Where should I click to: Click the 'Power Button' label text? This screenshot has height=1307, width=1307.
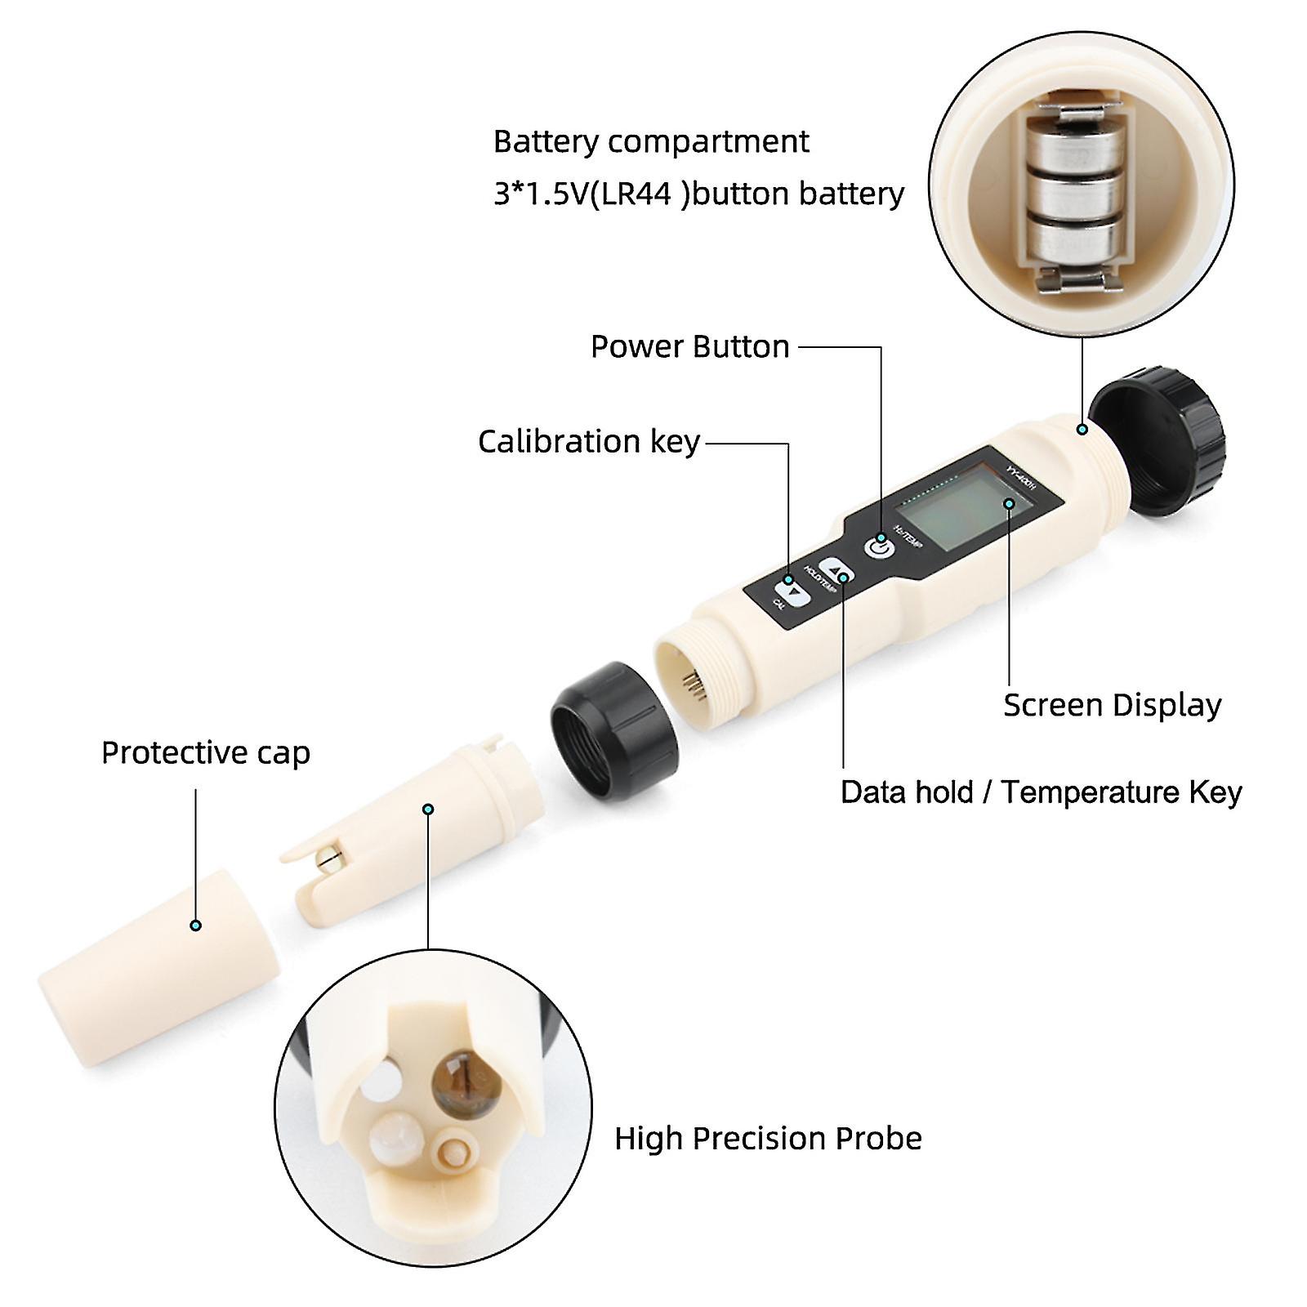689,347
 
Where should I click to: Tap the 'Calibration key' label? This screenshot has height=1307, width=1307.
588,442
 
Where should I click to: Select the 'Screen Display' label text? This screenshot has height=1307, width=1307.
1112,705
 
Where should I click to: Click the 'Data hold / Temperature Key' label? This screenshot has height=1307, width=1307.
1041,792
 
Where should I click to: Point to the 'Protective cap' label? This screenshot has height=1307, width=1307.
205,752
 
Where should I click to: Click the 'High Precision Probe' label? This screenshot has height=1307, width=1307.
768,1138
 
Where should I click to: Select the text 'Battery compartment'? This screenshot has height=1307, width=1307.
651,142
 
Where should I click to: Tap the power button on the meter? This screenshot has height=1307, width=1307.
879,546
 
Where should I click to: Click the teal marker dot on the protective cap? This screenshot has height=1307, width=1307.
195,926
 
